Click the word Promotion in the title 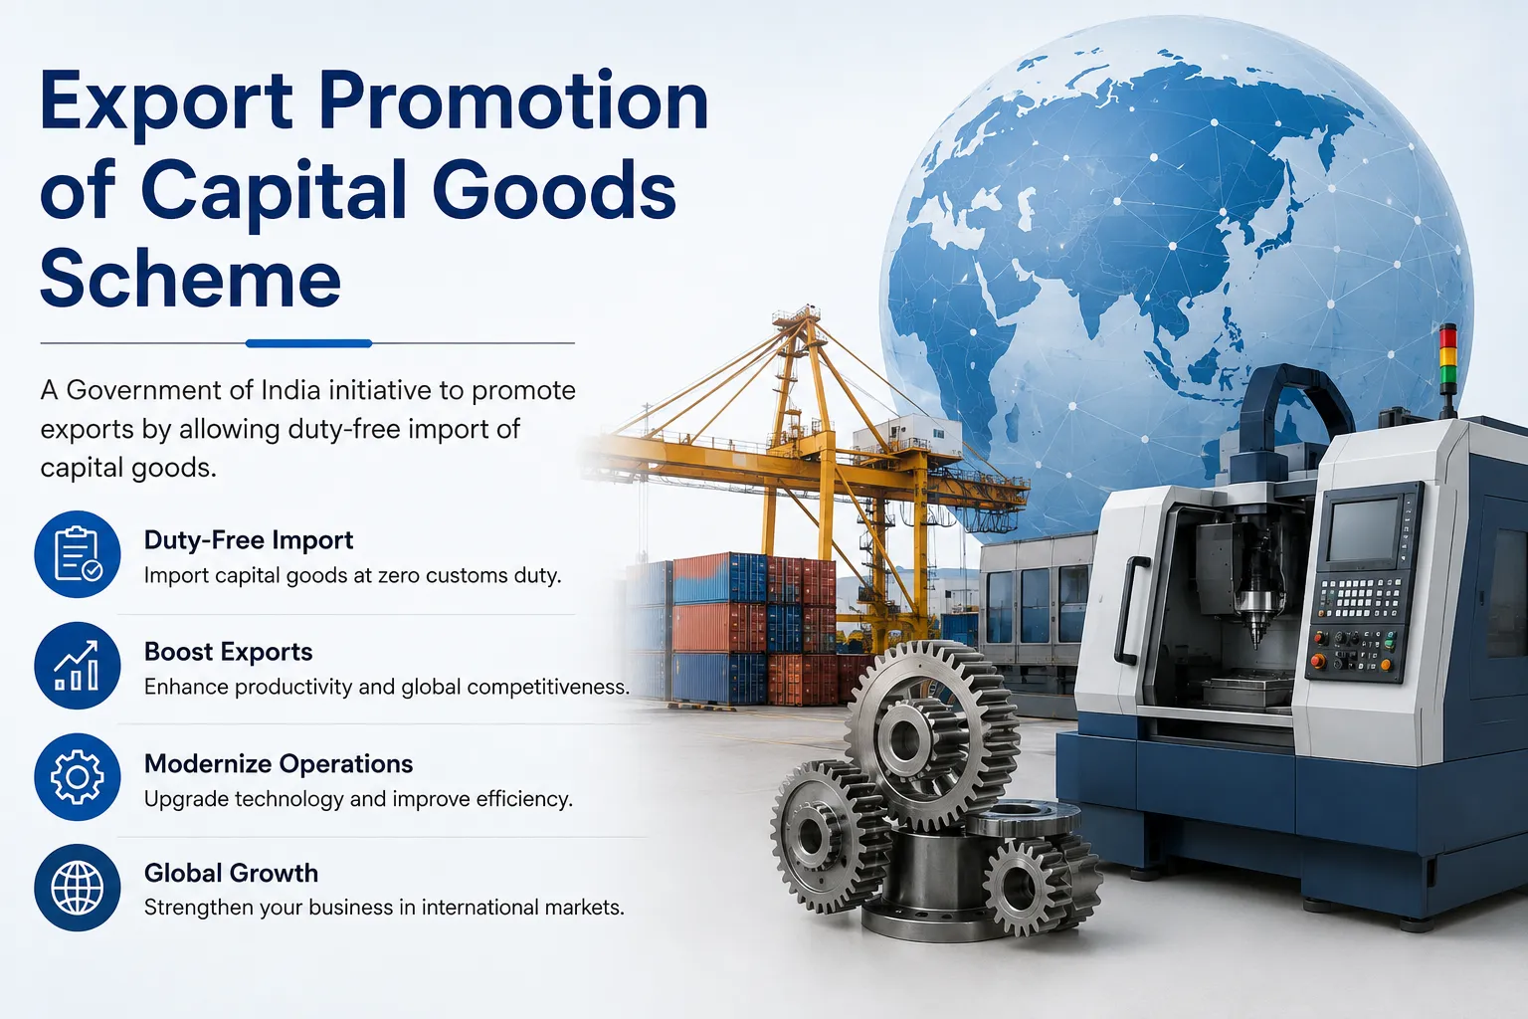click(513, 103)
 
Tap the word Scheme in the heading click(190, 278)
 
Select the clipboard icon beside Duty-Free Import click(77, 554)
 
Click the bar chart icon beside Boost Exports click(77, 666)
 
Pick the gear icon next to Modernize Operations click(77, 777)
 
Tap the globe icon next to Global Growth click(77, 888)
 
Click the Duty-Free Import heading click(249, 540)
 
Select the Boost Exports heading click(228, 652)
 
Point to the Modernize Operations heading click(279, 763)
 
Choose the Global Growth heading click(231, 873)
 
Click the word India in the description click(290, 390)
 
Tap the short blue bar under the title click(308, 343)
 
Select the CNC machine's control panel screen click(1364, 529)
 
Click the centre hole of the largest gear click(905, 737)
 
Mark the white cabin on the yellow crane click(907, 434)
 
